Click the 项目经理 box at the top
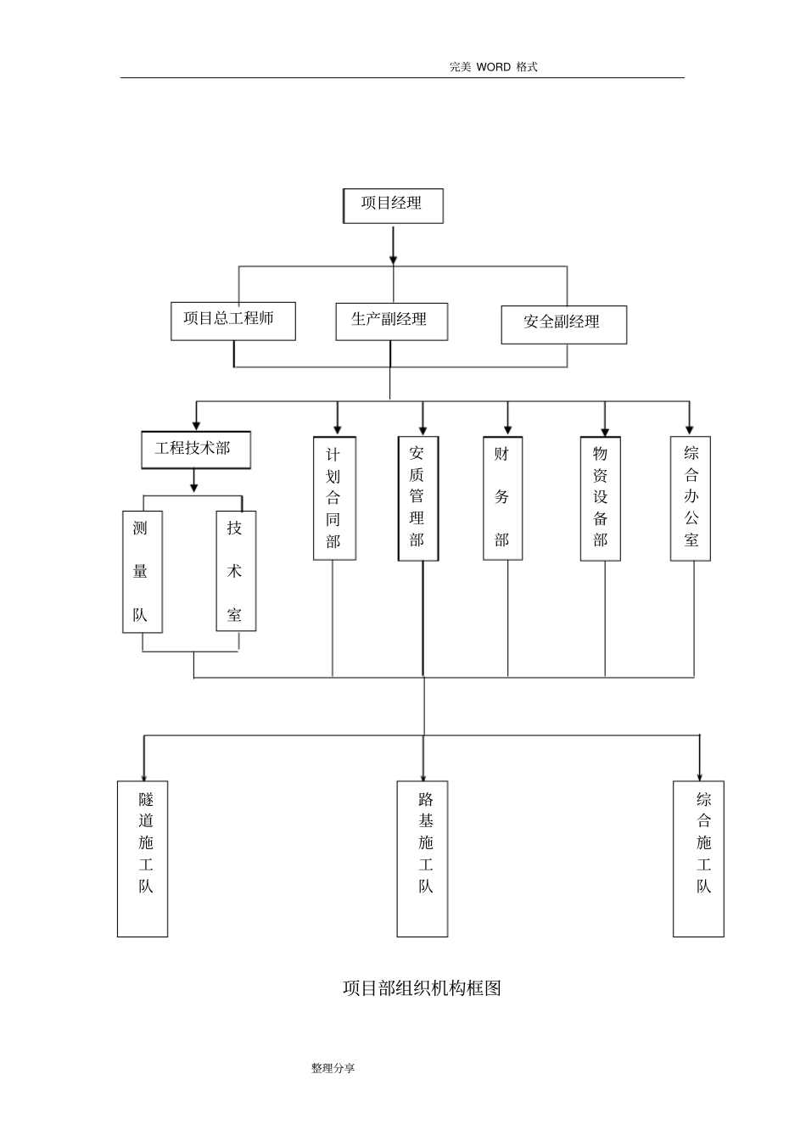tap(393, 206)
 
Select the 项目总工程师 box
tap(233, 322)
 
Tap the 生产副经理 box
tap(391, 322)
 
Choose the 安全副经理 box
tap(563, 325)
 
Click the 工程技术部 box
tap(196, 450)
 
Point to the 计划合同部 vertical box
tap(334, 499)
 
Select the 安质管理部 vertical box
tap(418, 499)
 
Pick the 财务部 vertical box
tap(502, 499)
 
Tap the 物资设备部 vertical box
tap(600, 499)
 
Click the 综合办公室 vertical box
tap(690, 499)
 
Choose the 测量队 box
tap(142, 571)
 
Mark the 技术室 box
tap(236, 571)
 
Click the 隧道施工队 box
tap(143, 859)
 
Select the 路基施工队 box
tap(423, 859)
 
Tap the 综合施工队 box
tap(698, 859)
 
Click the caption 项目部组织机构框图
tap(422, 988)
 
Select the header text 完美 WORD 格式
tap(493, 67)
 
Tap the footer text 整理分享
tap(333, 1068)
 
